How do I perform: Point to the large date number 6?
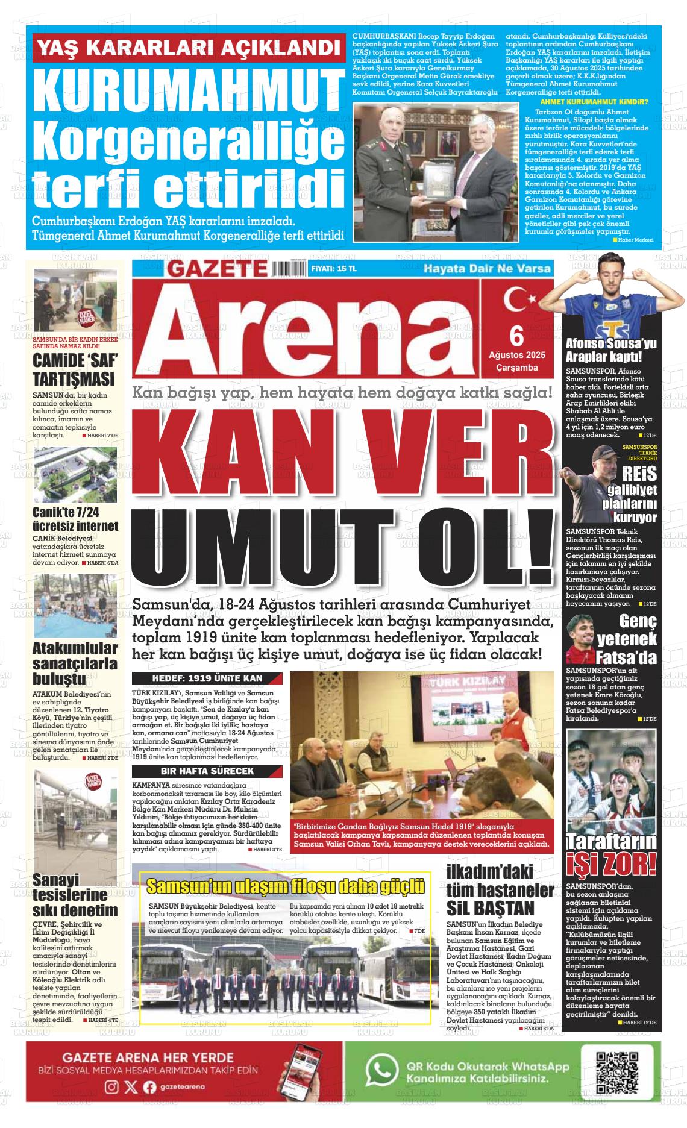coord(516,334)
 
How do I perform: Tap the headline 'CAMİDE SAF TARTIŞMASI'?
coord(74,370)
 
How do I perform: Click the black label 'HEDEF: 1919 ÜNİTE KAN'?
coord(207,678)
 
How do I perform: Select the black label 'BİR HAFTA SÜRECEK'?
coord(207,771)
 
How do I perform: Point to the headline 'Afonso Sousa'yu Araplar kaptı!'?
coord(611,350)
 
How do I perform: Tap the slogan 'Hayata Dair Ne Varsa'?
coord(487,268)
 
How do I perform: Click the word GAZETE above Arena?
coord(216,268)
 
